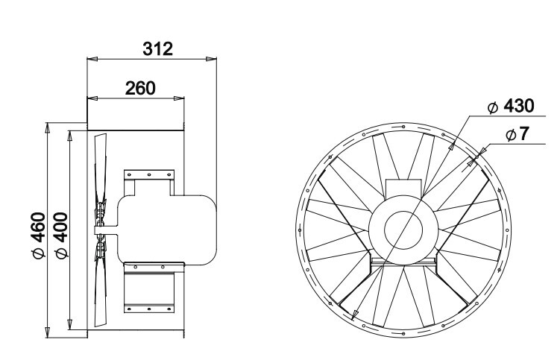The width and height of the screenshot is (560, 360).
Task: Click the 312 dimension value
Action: pos(157,49)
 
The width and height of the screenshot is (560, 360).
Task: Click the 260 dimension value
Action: pos(140,88)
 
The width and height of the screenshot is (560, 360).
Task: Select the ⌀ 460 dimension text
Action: pos(39,235)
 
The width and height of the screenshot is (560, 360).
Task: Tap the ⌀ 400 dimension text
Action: pos(61,235)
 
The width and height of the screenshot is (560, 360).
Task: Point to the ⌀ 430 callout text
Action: pos(511,106)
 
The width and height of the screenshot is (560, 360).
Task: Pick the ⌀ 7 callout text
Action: pos(517,134)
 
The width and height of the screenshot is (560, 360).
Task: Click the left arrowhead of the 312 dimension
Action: pos(92,59)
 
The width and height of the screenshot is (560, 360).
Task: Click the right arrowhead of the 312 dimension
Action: pos(212,59)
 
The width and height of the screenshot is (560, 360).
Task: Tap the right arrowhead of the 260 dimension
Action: pos(179,98)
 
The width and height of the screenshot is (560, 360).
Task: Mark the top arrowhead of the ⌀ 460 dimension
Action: pos(47,128)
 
